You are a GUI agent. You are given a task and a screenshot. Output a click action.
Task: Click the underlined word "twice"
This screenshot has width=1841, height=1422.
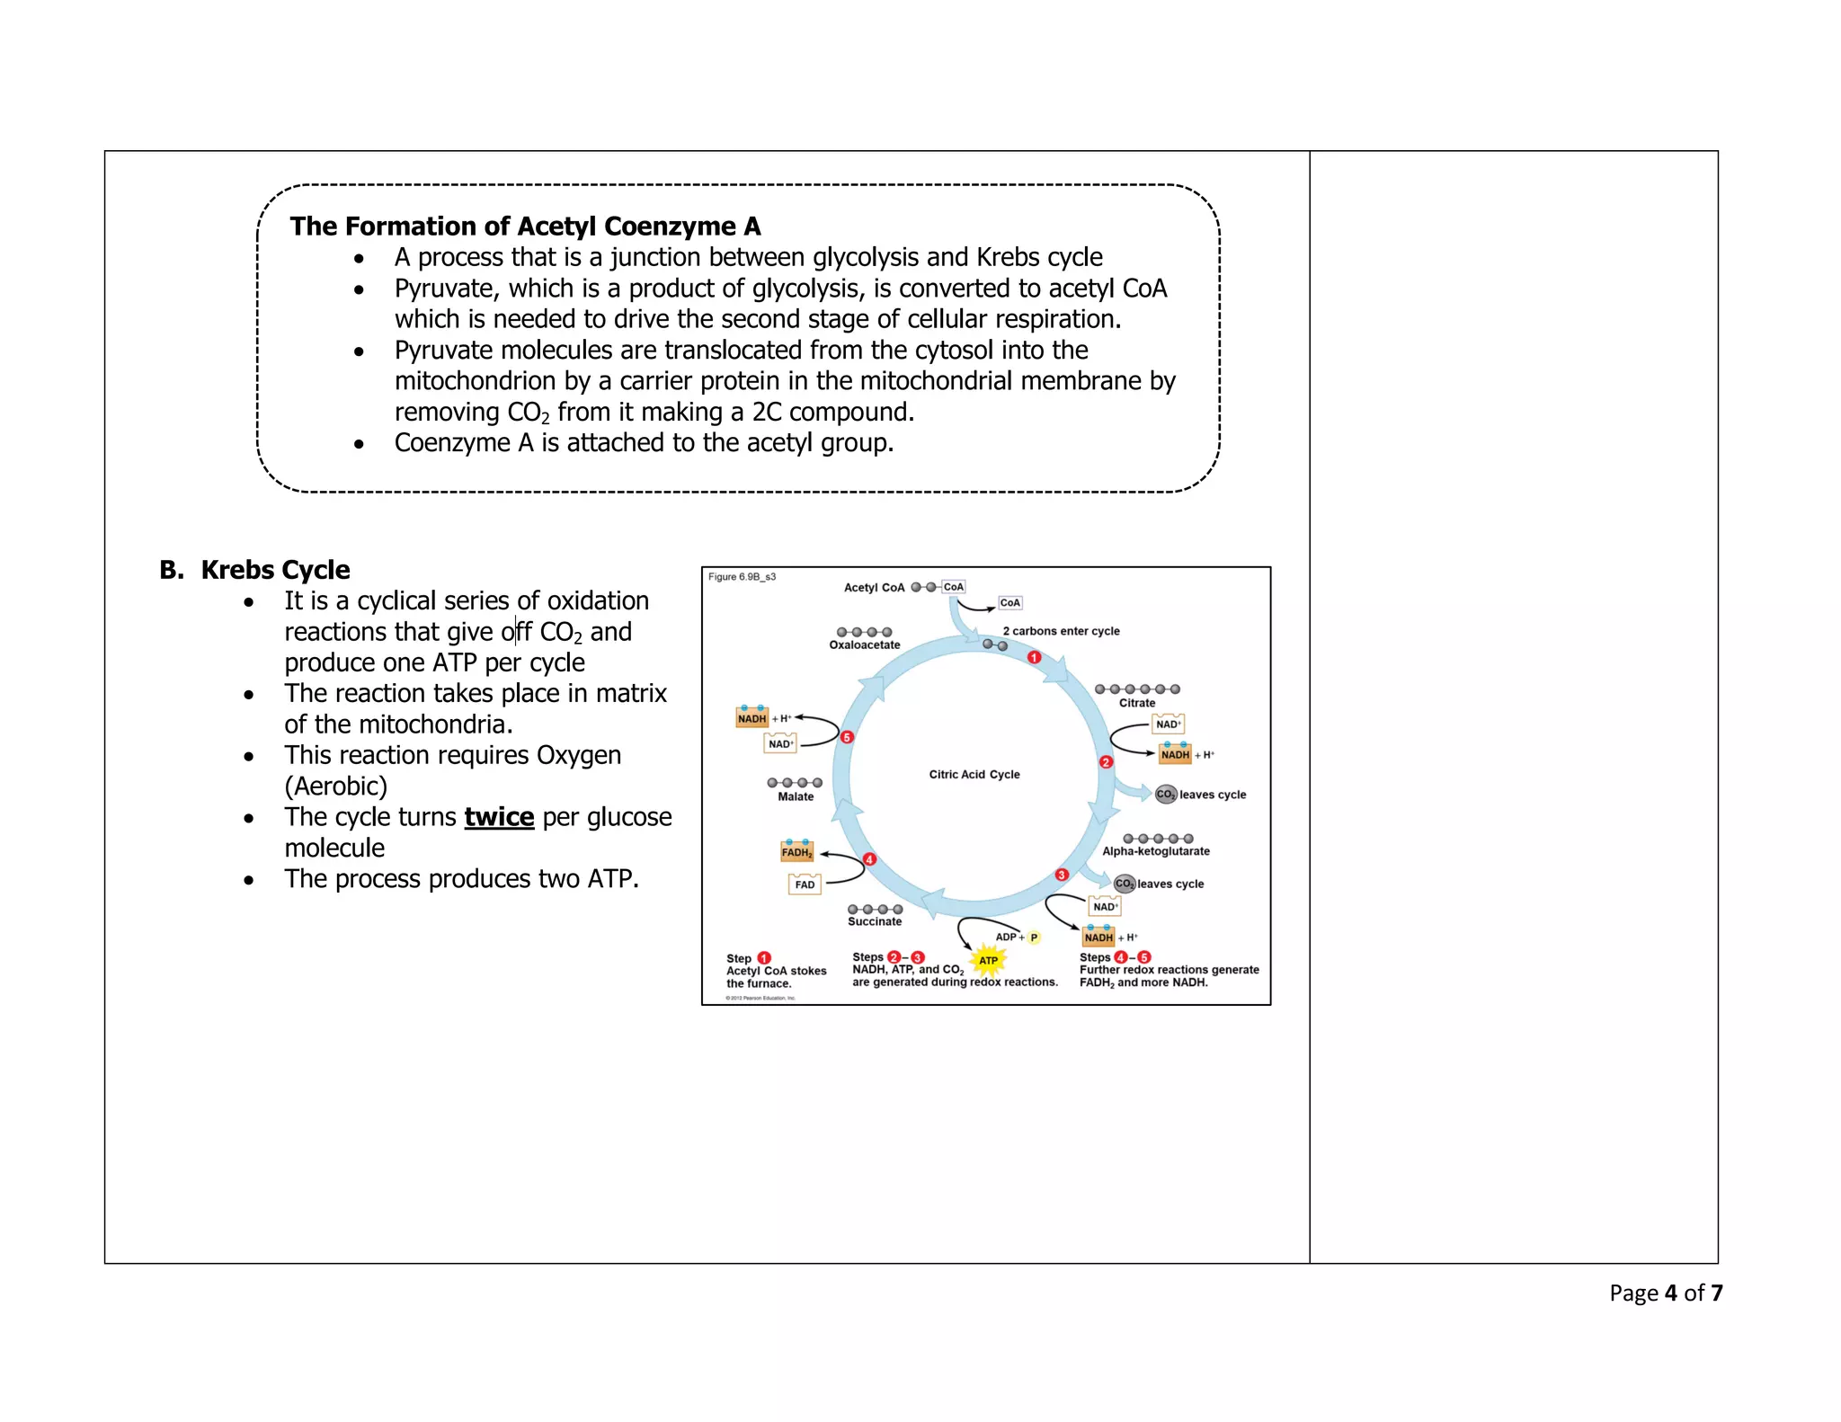pos(499,817)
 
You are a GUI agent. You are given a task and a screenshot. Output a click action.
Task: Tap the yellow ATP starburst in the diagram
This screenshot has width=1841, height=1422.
pos(988,960)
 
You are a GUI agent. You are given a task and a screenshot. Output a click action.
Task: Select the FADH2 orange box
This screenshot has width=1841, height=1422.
pos(796,852)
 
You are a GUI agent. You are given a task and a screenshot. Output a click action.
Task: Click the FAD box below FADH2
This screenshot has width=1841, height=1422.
pos(805,884)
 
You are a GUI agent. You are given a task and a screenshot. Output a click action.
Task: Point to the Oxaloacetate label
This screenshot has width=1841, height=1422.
pos(864,644)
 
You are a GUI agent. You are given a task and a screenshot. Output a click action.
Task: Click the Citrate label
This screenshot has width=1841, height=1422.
pos(1136,703)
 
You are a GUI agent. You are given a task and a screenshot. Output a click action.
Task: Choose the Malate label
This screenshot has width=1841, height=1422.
pos(796,796)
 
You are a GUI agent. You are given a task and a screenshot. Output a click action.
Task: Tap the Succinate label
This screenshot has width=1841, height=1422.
pos(874,921)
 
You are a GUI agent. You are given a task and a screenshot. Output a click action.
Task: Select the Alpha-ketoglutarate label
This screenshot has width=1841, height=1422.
pos(1155,851)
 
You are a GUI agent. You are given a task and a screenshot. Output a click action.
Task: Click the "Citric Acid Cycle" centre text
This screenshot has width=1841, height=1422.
pos(974,774)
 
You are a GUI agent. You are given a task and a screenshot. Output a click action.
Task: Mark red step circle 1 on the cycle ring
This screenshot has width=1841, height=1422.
pos(1034,657)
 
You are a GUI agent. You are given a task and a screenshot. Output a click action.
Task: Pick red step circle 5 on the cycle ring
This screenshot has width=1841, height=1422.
pos(846,737)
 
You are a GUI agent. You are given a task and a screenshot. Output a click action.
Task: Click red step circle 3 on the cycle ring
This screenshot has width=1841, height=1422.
pos(1062,875)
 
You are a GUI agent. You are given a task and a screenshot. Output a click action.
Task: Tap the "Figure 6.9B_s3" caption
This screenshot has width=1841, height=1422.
pos(742,577)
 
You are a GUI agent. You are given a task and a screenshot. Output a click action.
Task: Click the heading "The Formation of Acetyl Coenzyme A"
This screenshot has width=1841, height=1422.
pos(525,227)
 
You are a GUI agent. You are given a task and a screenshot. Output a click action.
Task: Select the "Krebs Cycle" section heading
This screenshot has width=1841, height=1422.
pos(275,570)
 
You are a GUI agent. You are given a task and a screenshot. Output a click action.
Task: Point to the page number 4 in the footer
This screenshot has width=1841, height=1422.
pos(1670,1293)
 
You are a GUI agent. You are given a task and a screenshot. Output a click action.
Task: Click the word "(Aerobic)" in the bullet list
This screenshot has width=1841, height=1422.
pos(335,787)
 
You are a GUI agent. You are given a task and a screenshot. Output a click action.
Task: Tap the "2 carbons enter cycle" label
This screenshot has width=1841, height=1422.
pos(1061,631)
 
